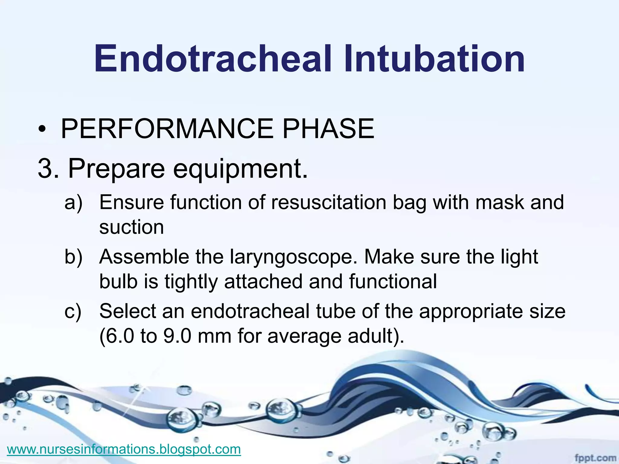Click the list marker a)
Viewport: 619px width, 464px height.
tap(73, 202)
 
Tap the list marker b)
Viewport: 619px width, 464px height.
tap(73, 257)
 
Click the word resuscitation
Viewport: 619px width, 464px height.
tap(329, 202)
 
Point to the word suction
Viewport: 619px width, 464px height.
tap(131, 227)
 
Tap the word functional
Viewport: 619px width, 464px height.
tap(393, 282)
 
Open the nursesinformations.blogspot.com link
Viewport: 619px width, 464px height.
tap(124, 449)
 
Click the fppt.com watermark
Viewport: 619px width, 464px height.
tap(595, 458)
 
